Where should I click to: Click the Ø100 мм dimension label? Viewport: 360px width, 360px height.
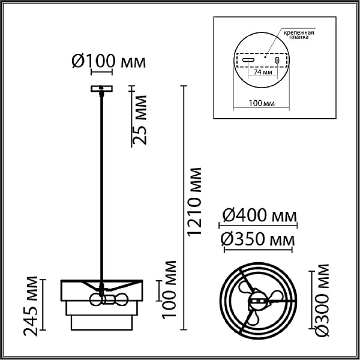pos(109,62)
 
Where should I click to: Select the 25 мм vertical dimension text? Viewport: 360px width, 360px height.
pos(139,120)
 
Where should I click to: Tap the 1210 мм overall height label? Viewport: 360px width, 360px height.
pos(194,201)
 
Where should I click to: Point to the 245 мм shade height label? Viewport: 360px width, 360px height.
pos(31,306)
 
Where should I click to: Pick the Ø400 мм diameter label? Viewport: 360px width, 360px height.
pos(260,215)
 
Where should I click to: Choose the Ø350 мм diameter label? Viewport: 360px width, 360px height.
pos(257,239)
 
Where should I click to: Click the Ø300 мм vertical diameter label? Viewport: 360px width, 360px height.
pos(322,301)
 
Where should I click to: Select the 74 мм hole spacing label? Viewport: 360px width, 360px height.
pos(263,72)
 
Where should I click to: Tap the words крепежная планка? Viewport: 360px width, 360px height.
pos(299,35)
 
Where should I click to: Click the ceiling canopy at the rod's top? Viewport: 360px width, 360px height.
pos(101,89)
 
